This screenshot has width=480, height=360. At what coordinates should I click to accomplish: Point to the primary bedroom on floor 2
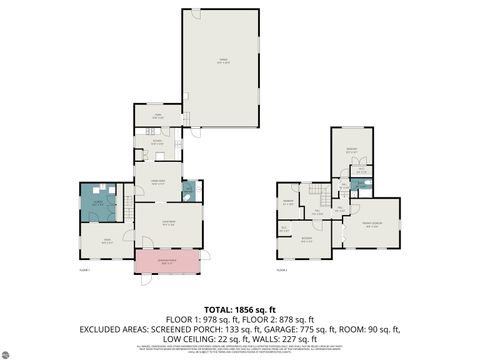click(x=372, y=226)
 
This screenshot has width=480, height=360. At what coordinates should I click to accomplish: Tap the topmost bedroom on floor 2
click(x=352, y=150)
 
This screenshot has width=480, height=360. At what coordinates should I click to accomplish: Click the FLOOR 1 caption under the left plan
click(x=85, y=270)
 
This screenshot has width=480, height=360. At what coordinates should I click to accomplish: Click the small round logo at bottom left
click(x=8, y=352)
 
